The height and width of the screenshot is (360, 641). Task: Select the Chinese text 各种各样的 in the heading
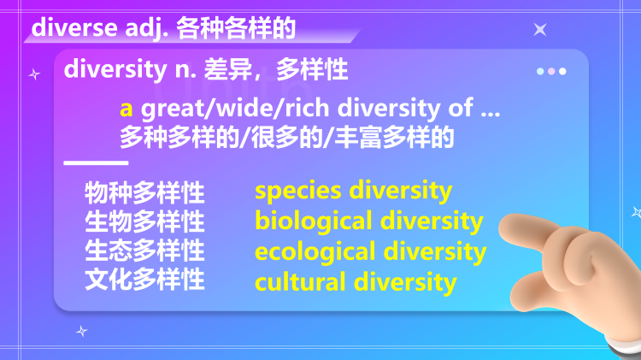pos(236,28)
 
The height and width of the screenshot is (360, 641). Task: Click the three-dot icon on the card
pos(551,72)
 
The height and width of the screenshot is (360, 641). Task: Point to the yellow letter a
pos(126,109)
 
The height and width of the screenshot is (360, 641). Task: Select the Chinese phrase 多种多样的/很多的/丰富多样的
pos(286,137)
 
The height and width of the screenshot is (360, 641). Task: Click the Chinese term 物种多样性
pos(144,192)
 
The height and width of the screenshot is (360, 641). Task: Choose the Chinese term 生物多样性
pos(144,221)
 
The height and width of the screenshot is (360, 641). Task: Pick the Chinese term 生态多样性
pos(144,251)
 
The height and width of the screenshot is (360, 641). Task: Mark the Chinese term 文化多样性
pos(144,280)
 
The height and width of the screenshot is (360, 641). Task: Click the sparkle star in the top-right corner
pos(540,30)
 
